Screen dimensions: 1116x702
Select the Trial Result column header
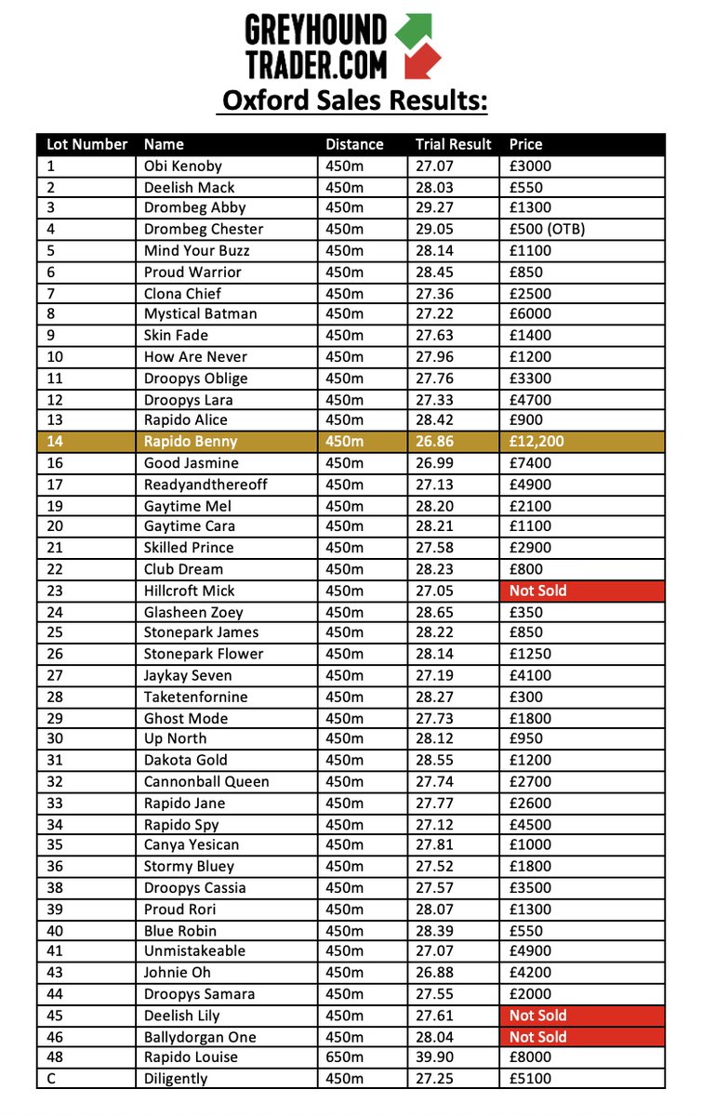[453, 144]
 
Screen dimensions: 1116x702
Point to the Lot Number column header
[86, 144]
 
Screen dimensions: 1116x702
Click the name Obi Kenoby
[183, 166]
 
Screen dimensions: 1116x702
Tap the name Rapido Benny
[191, 442]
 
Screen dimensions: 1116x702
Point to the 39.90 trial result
[435, 1057]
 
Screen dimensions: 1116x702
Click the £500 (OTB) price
[548, 229]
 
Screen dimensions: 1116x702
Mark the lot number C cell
[51, 1079]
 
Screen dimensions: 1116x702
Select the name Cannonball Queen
[206, 781]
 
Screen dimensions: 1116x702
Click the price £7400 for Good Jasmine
[531, 463]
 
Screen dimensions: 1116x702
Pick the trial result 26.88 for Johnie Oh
[435, 973]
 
